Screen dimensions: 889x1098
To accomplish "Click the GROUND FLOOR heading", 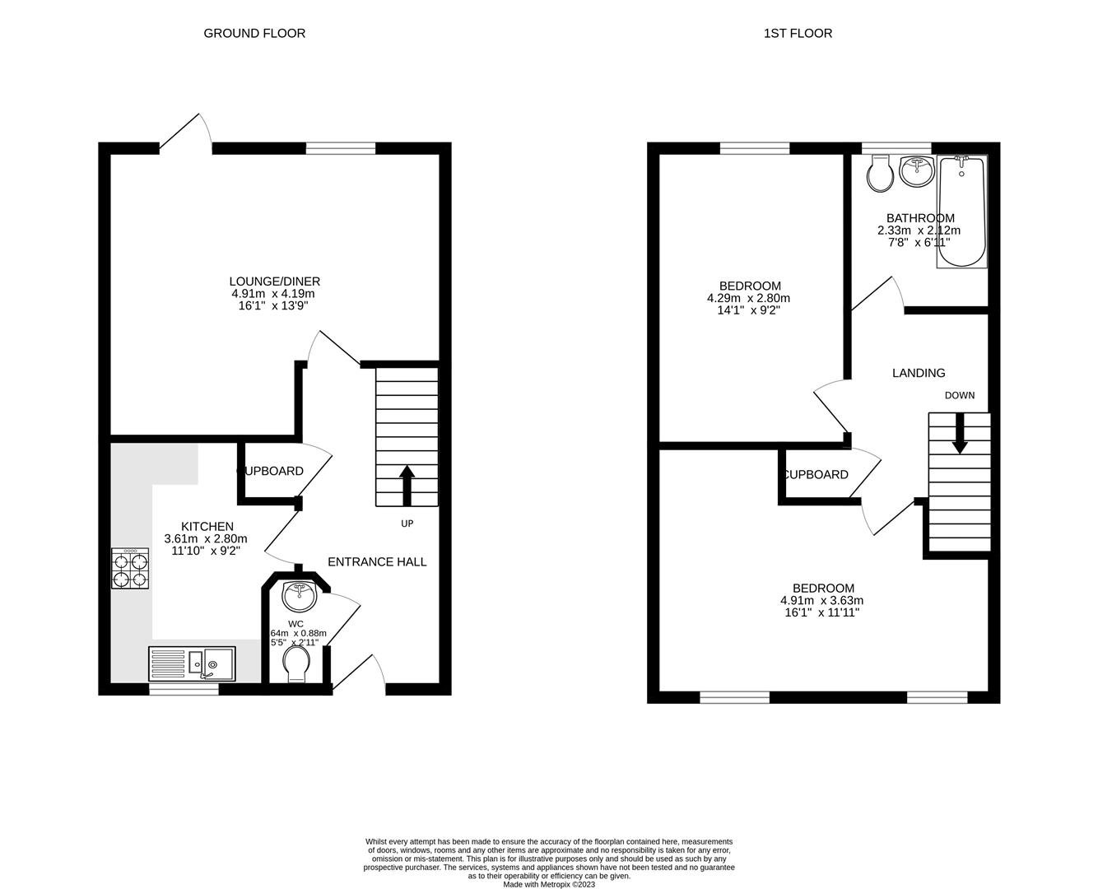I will point(254,34).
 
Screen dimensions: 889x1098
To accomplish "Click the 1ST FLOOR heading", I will point(798,34).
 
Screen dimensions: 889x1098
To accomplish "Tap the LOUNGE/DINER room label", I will point(275,282).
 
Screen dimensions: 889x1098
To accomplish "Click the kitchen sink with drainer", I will point(192,663).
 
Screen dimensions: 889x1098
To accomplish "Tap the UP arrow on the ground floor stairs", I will point(407,486).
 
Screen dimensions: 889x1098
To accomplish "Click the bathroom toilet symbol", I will point(881,174).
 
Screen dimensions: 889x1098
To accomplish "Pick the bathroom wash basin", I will point(915,170).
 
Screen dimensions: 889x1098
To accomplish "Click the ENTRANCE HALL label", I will point(377,562).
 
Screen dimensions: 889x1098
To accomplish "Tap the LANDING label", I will point(919,373).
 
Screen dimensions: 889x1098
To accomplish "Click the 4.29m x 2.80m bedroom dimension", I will point(748,299).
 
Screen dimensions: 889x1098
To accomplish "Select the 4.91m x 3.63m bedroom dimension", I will point(822,601).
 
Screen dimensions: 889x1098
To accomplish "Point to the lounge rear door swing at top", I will point(185,132).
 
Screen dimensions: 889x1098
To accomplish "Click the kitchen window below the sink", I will point(184,690).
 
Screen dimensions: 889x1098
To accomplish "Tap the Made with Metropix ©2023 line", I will point(549,885).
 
